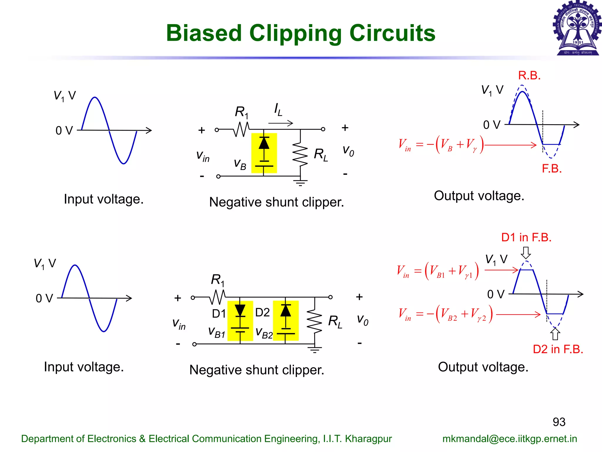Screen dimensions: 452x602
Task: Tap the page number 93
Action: click(559, 422)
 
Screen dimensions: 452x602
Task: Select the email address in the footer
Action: click(510, 439)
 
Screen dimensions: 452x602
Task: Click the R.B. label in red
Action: click(529, 76)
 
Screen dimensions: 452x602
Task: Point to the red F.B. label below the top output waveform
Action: click(551, 169)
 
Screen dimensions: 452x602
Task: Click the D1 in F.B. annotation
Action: click(526, 237)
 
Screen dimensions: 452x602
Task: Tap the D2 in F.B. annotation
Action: click(558, 349)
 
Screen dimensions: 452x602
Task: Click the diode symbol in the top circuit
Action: click(264, 143)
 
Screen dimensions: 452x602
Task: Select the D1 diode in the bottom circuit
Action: click(240, 310)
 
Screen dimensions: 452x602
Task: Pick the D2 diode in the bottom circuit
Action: click(285, 311)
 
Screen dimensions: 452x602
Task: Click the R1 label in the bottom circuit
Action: click(218, 280)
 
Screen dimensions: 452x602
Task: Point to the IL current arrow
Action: click(281, 123)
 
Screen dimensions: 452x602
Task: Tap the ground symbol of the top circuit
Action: click(300, 182)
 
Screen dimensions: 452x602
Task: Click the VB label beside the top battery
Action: click(240, 164)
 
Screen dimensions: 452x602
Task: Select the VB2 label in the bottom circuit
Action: click(264, 333)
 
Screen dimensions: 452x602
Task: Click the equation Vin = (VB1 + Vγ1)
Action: click(438, 271)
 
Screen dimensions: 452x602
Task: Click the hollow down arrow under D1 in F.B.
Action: click(526, 252)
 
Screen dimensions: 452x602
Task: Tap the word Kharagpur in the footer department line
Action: click(368, 439)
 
